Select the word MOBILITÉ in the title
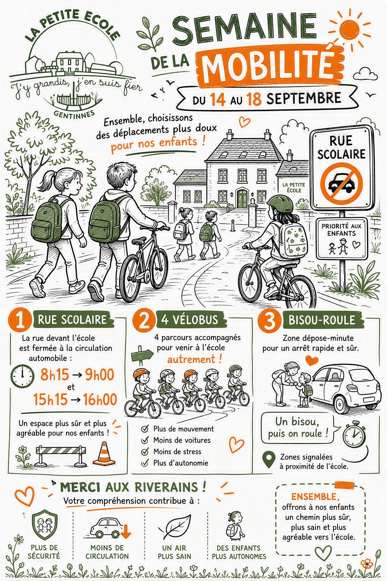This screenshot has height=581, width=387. (x=267, y=67)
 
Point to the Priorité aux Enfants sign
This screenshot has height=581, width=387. (x=342, y=238)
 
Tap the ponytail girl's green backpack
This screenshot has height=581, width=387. (x=47, y=221)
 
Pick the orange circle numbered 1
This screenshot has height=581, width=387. (x=20, y=320)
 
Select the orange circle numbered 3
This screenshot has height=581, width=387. (x=269, y=321)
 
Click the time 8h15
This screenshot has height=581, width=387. (x=54, y=374)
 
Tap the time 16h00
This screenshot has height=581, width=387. (x=100, y=399)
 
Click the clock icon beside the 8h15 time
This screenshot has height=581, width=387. (x=23, y=376)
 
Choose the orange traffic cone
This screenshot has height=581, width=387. (x=104, y=454)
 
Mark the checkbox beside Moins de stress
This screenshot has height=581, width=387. (x=145, y=452)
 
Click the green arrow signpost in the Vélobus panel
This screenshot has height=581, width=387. (x=142, y=354)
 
